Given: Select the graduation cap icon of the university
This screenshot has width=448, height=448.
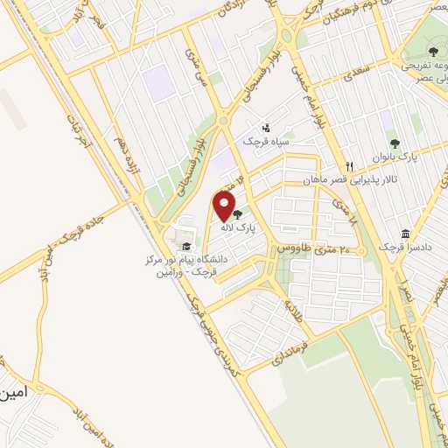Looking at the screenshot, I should [185, 246].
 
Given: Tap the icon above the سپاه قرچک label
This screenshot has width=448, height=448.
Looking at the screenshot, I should [266, 128].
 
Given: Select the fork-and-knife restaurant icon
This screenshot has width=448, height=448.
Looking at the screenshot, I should [348, 166].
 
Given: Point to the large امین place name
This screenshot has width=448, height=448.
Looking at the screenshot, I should [16, 394].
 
